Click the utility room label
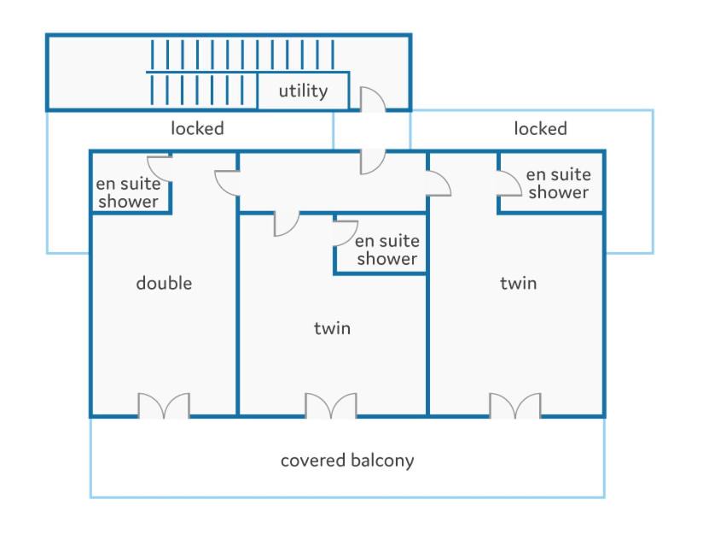303,91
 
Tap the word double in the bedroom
164,283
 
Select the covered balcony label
347,461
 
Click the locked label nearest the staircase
197,128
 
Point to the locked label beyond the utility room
540,128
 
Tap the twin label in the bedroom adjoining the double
332,328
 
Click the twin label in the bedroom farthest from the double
518,283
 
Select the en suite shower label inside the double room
128,192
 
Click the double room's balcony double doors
164,406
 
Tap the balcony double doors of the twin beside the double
331,406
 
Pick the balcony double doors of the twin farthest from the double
515,406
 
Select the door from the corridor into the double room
226,183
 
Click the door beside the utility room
373,99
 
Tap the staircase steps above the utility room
242,55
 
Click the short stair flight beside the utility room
197,90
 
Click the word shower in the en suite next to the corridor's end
558,192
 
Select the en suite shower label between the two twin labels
387,250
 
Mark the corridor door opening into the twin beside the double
287,224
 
